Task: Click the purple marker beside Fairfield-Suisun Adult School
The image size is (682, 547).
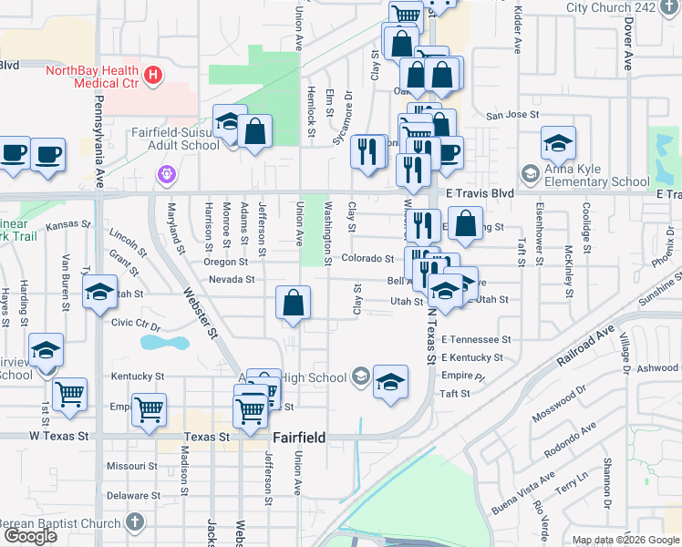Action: click(166, 173)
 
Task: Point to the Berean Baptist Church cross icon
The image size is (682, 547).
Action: click(135, 523)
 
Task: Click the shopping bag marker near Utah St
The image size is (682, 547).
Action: click(294, 304)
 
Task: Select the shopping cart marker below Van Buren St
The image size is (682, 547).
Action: click(69, 395)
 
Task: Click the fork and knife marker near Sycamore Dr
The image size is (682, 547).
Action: click(367, 151)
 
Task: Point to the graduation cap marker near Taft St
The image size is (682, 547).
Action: click(390, 381)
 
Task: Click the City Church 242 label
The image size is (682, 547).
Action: click(611, 6)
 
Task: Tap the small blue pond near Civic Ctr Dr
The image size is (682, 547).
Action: click(160, 344)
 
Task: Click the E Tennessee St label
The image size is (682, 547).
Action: click(476, 338)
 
